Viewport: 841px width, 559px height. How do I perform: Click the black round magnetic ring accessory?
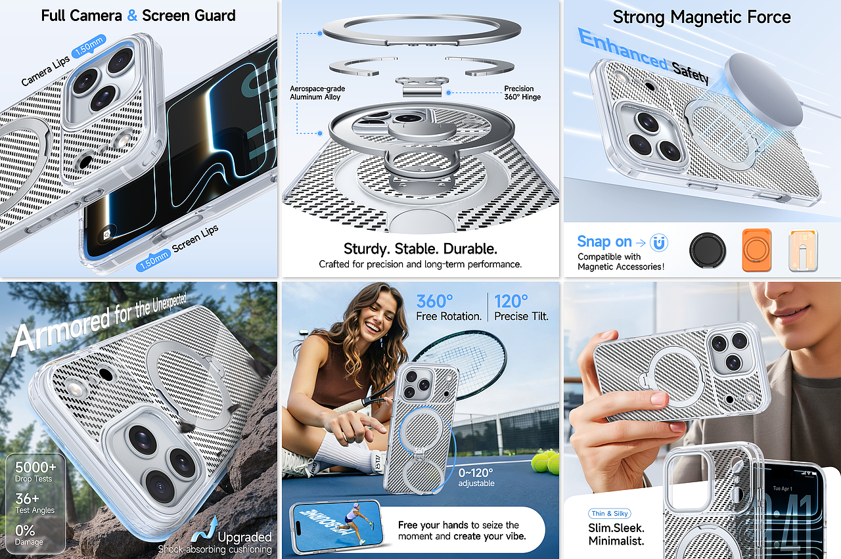[x=708, y=250]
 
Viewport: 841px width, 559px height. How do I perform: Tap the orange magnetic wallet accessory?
[x=756, y=250]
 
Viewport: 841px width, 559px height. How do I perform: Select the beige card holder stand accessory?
[x=803, y=250]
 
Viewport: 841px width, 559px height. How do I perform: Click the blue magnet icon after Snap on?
[x=658, y=242]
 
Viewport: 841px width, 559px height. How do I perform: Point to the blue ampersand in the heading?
[x=132, y=16]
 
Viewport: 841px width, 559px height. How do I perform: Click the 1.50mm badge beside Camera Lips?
[x=88, y=46]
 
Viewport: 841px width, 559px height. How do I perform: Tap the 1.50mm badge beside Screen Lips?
[x=154, y=259]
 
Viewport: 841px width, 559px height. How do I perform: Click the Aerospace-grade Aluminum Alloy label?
[x=317, y=93]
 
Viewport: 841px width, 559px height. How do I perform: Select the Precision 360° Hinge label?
[x=522, y=93]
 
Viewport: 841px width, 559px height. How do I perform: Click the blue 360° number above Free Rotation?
[x=434, y=302]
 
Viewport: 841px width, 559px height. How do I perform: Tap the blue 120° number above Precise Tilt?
[x=511, y=302]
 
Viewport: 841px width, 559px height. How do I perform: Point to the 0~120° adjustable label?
[x=476, y=478]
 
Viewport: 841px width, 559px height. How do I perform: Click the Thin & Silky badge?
[x=609, y=513]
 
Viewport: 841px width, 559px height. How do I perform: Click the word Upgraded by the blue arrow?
[x=244, y=537]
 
